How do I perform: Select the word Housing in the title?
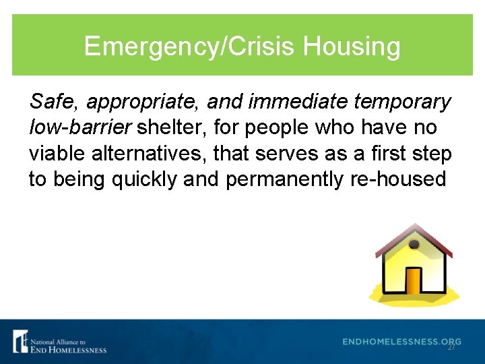tap(352, 47)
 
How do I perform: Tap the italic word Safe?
tap(53, 102)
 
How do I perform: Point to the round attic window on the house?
tap(414, 244)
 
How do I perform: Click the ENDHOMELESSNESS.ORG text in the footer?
tap(401, 342)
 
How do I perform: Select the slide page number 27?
tap(451, 347)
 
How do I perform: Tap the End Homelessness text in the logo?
tap(68, 349)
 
